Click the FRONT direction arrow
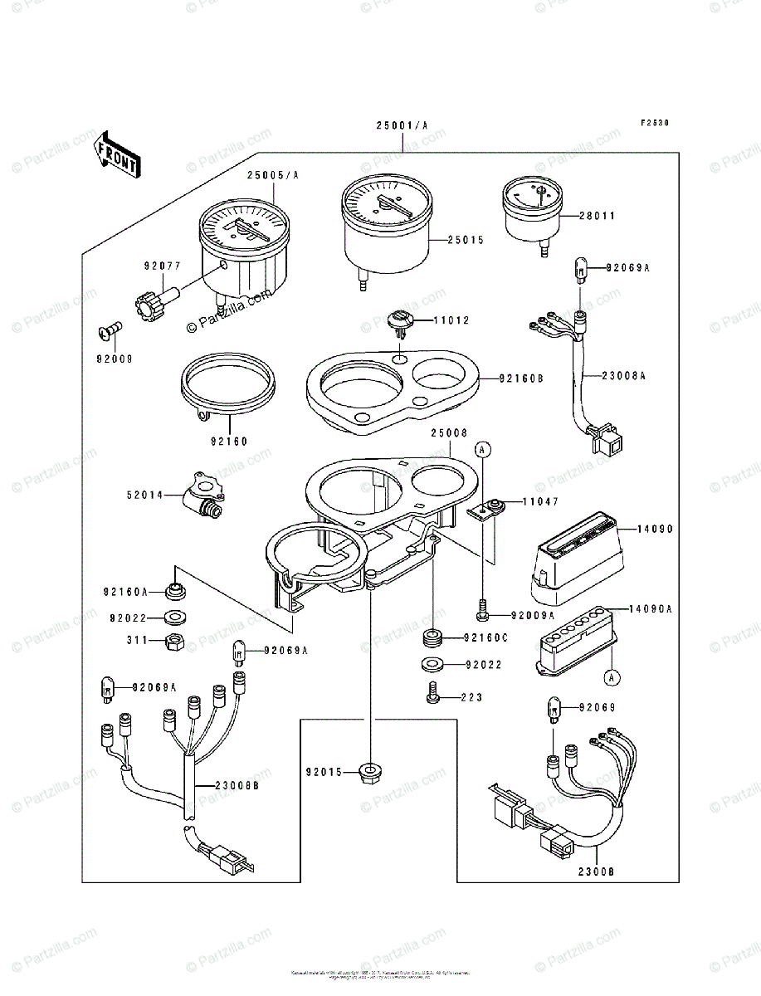117,154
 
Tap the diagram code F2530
654,123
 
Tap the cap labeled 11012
402,322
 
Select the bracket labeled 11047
486,508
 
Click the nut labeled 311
175,641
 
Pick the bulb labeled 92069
555,707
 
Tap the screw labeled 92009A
481,614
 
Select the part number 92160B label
521,378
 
